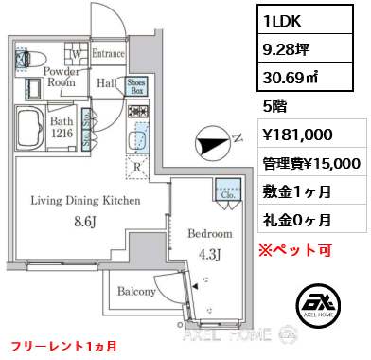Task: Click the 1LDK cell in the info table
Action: pos(305,19)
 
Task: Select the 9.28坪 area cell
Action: pos(305,48)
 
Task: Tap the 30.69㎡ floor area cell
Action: pos(305,77)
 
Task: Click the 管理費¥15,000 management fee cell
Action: pos(312,163)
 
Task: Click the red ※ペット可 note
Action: pos(295,249)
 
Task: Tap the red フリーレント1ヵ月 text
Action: pos(63,346)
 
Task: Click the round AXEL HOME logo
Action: pos(319,305)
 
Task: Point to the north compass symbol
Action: pos(212,142)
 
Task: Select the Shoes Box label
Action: pos(136,86)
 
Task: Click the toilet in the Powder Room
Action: pos(31,58)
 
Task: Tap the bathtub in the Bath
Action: pos(29,128)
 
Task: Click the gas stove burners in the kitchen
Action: pos(138,111)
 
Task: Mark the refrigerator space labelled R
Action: pos(137,167)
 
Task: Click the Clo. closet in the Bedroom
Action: pos(228,189)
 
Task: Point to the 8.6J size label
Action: pos(85,222)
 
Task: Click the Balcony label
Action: pos(136,291)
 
